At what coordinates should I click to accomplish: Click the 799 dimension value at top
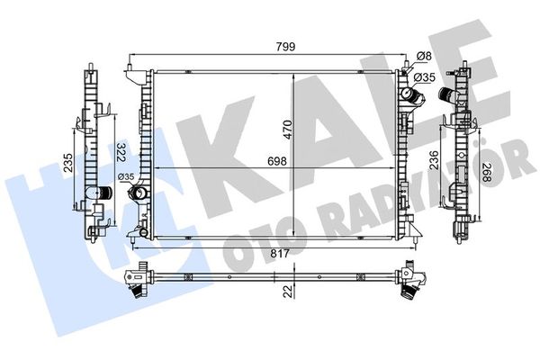[x=285, y=47]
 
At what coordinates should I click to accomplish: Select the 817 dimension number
[x=280, y=254]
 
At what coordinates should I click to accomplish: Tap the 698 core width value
[x=277, y=161]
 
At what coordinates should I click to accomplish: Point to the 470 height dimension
[x=288, y=130]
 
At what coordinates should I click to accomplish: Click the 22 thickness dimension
[x=289, y=291]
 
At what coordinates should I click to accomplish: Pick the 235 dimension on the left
[x=68, y=163]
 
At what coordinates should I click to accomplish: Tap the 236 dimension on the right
[x=435, y=159]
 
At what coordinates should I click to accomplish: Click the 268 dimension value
[x=486, y=173]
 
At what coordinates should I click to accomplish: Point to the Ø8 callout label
[x=424, y=56]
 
